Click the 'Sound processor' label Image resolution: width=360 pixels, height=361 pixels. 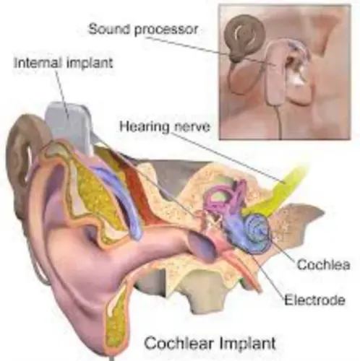[143, 30]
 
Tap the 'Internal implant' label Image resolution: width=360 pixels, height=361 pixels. [64, 63]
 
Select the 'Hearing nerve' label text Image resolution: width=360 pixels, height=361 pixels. [165, 127]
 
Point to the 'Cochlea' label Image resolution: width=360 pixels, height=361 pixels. [323, 265]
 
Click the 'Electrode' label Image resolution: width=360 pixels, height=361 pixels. [314, 300]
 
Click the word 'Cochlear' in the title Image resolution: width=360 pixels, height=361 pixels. [179, 343]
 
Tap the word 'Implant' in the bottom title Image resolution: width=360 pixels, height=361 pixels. [247, 344]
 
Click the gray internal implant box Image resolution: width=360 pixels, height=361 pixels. [69, 125]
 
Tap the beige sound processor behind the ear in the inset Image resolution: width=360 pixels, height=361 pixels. [275, 72]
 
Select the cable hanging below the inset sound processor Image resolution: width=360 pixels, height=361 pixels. [279, 121]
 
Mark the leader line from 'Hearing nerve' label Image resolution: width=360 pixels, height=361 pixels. [229, 157]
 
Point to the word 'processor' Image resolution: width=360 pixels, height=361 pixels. [166, 30]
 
